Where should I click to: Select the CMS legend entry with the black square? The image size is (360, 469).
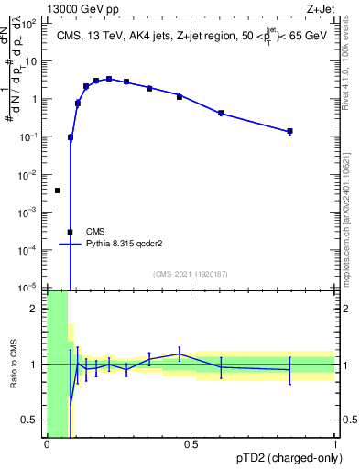point(95,232)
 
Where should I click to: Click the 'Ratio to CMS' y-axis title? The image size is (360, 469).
point(14,364)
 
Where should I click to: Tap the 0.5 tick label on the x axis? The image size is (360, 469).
point(191,444)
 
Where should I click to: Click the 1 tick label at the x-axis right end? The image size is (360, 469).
point(334,444)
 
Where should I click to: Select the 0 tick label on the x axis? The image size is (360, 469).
point(47,444)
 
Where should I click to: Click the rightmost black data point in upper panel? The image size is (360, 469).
point(289,132)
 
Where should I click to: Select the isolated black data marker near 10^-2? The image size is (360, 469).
point(58,191)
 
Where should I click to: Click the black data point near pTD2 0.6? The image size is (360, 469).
point(221,113)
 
